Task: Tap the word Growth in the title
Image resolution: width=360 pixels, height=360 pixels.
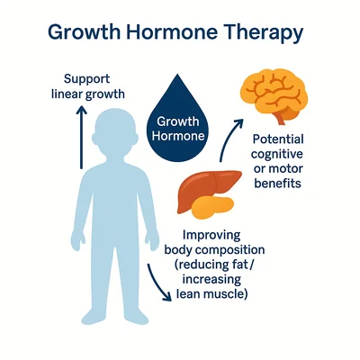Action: [84, 31]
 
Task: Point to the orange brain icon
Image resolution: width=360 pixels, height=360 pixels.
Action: [274, 92]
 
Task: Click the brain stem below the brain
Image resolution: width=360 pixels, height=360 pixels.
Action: [280, 119]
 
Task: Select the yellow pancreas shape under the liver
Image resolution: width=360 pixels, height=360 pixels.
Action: [212, 207]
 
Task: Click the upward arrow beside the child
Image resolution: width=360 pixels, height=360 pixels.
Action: [81, 138]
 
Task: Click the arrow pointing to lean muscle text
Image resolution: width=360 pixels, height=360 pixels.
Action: [157, 281]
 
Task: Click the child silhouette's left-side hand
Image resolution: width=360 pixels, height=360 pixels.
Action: [77, 240]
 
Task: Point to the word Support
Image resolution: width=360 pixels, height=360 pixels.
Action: [87, 79]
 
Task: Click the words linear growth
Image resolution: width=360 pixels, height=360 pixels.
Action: [88, 94]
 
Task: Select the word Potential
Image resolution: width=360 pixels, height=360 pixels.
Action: [278, 139]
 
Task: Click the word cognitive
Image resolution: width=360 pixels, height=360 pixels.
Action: [277, 155]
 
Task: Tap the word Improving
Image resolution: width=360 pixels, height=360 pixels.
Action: [211, 236]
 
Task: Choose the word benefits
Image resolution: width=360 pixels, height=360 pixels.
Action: [277, 183]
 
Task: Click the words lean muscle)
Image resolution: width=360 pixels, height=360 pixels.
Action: [211, 294]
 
